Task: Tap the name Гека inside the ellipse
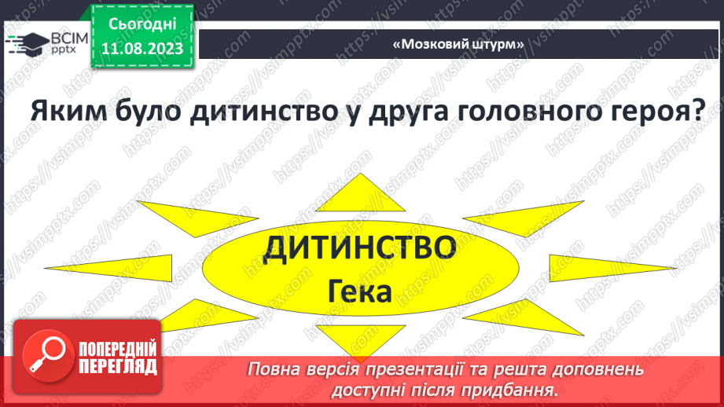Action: [x=360, y=292]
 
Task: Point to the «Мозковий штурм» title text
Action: [x=458, y=45]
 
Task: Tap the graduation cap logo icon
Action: [x=27, y=42]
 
